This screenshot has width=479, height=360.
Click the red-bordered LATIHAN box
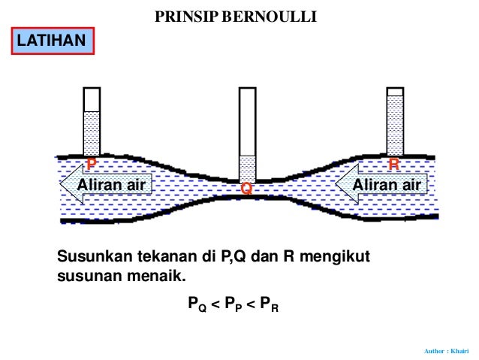[x=53, y=41]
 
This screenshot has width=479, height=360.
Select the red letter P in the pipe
[x=92, y=163]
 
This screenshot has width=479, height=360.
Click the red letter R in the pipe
[x=393, y=164]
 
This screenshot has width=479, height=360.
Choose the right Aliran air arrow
[x=382, y=184]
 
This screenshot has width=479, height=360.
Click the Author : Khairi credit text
[x=446, y=350]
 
